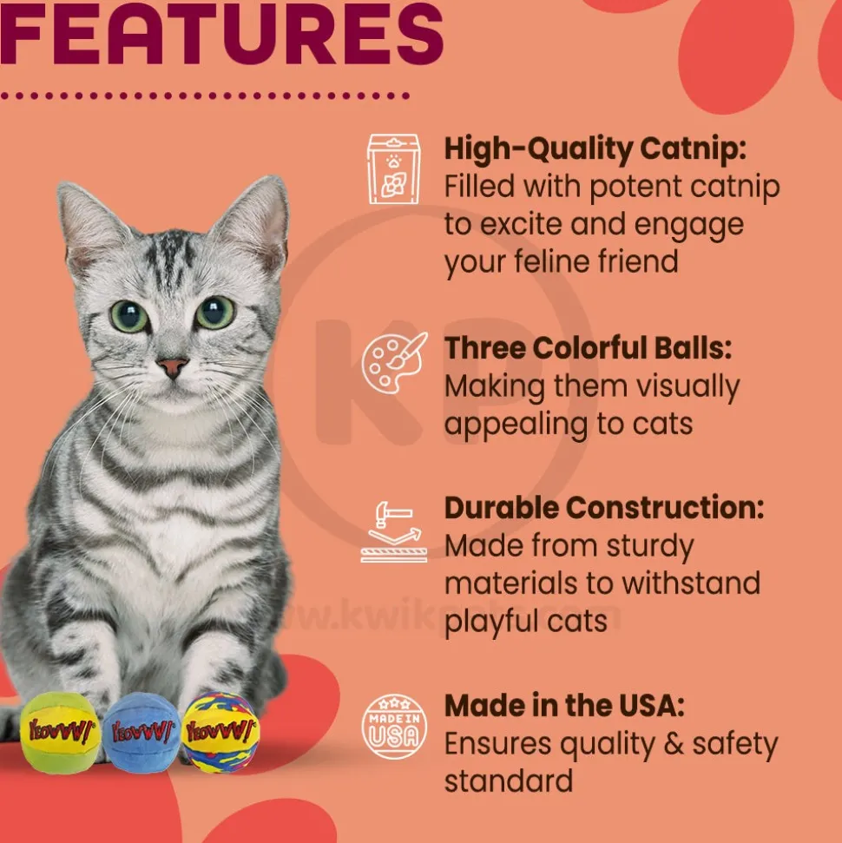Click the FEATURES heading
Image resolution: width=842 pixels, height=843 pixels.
[221, 32]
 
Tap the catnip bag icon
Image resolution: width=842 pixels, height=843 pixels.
[393, 168]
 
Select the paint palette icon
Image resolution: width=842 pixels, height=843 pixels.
[394, 362]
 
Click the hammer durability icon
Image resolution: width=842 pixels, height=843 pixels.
[394, 531]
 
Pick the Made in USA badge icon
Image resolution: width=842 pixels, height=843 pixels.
[394, 727]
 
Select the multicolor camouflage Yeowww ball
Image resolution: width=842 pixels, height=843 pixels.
[220, 731]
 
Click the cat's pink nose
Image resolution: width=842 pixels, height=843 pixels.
[172, 367]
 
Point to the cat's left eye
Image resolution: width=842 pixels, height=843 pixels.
[129, 316]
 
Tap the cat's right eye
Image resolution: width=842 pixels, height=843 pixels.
[215, 312]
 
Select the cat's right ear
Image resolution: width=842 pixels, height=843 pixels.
[253, 221]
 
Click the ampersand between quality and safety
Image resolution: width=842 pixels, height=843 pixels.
[674, 744]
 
